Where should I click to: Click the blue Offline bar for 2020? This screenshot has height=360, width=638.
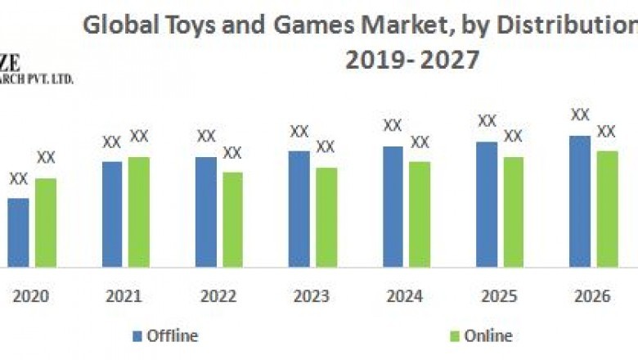(18, 232)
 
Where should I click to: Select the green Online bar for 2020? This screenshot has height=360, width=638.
(46, 223)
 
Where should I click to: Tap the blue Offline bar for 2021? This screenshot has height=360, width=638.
(112, 214)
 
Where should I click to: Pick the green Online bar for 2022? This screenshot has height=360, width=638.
(232, 219)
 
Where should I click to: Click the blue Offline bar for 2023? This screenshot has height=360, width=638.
(299, 209)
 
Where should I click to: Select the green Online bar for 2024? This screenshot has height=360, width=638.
(420, 214)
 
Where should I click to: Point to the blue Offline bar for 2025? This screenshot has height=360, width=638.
(487, 204)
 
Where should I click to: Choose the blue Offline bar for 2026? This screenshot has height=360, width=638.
(580, 201)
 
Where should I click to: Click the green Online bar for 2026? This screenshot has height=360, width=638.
(607, 209)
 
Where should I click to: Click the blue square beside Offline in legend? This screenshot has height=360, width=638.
(137, 336)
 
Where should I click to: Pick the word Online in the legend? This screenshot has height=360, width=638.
(488, 335)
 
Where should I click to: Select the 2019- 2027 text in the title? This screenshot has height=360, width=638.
(413, 59)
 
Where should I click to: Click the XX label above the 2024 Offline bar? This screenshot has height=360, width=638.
(393, 126)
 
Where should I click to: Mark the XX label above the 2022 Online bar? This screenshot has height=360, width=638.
(232, 153)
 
